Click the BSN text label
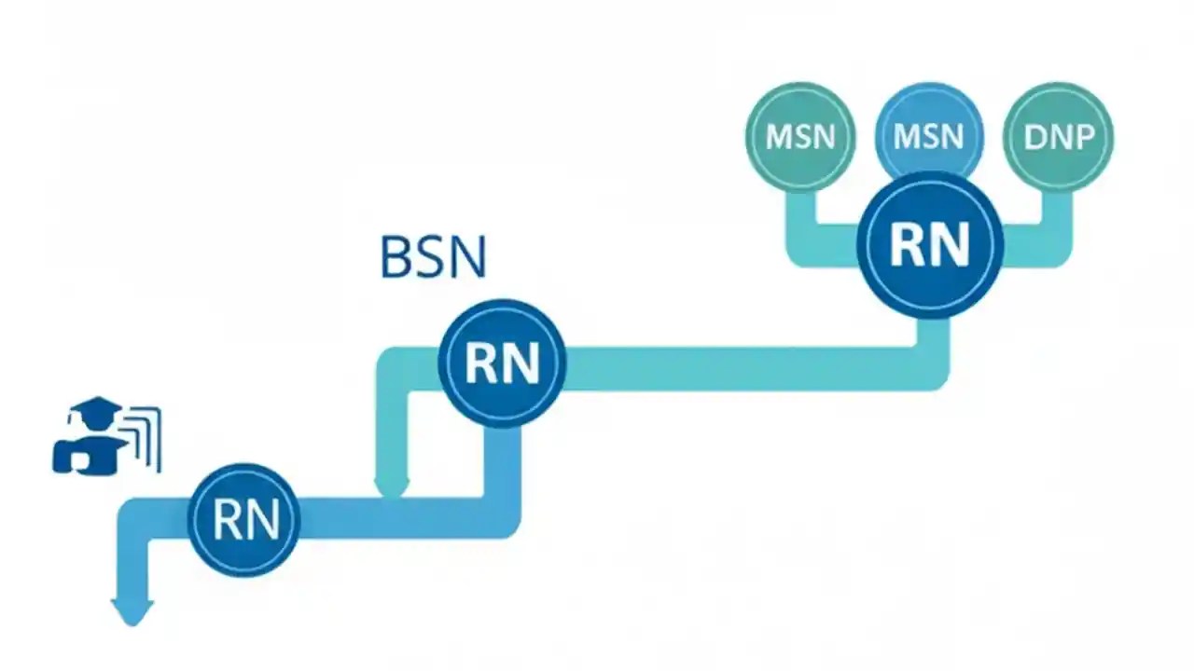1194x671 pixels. pyautogui.click(x=434, y=258)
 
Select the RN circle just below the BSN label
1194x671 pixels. pyautogui.click(x=502, y=363)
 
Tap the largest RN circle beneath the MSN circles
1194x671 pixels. pyautogui.click(x=930, y=243)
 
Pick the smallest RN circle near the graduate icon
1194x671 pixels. pyautogui.click(x=243, y=519)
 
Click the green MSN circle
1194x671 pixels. pyautogui.click(x=799, y=137)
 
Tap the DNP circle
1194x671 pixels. pyautogui.click(x=1058, y=137)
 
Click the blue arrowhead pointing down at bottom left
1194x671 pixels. pyautogui.click(x=132, y=611)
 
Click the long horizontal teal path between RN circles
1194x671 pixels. pyautogui.click(x=737, y=367)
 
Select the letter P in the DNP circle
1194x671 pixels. pyautogui.click(x=1082, y=137)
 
